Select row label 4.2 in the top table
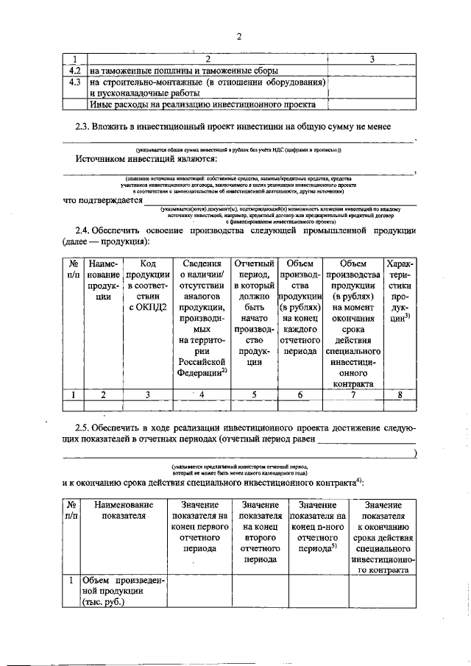tap(74, 71)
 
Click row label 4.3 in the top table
tap(74, 82)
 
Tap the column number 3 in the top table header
tap(372, 59)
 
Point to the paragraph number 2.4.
tap(85, 230)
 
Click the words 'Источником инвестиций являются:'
tap(146, 158)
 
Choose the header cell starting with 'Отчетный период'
tap(254, 313)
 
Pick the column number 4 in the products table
tap(201, 394)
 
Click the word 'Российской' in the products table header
tap(200, 362)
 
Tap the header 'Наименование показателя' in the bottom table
tap(123, 511)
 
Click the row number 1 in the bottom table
tap(71, 581)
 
